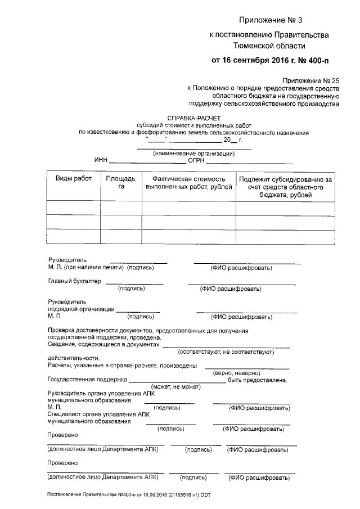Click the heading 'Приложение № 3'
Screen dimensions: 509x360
click(x=270, y=20)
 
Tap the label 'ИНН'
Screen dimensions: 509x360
click(x=101, y=160)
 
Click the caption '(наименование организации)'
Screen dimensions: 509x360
click(x=194, y=154)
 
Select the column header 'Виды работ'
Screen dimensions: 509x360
click(x=73, y=178)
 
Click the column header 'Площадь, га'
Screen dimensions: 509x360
click(x=120, y=182)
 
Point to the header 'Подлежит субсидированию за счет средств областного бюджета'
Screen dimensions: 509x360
click(x=285, y=187)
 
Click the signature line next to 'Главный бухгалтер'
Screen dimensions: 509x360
click(x=134, y=283)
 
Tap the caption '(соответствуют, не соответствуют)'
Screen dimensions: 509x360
click(x=226, y=352)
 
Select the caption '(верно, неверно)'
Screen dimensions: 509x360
click(x=236, y=372)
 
